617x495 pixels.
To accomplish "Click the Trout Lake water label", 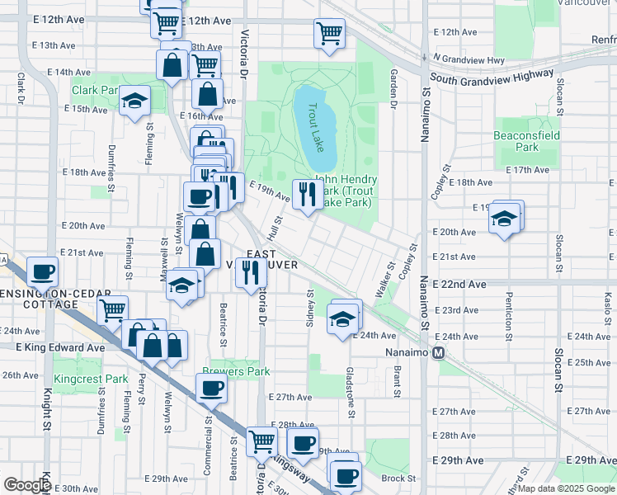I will click(x=314, y=125).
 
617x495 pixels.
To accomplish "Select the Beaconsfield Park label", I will click(x=527, y=141).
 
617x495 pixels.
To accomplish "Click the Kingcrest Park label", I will click(x=91, y=379).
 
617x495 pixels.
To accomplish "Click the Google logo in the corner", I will click(x=27, y=484).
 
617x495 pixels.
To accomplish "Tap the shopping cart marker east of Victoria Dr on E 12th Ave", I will click(x=328, y=34).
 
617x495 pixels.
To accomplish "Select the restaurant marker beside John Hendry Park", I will click(x=305, y=195).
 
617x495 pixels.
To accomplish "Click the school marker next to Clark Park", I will click(x=134, y=101).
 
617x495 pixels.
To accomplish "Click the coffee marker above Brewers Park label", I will click(x=211, y=388).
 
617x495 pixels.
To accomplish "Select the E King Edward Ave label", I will click(x=60, y=348).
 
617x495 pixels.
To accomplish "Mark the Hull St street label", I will click(x=276, y=223).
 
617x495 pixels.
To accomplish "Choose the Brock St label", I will click(x=398, y=478).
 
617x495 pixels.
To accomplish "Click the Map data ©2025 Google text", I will click(x=565, y=488).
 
